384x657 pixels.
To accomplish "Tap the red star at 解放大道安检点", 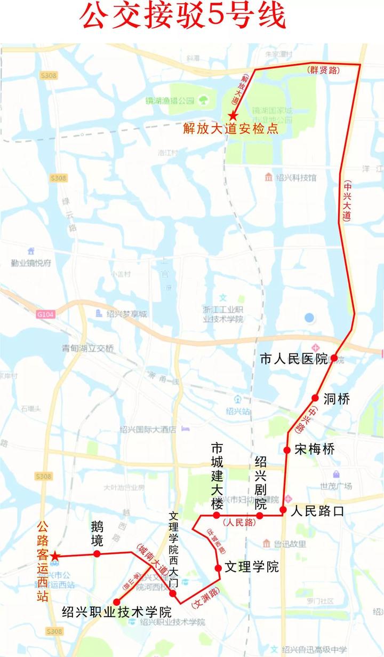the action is pyautogui.click(x=233, y=115).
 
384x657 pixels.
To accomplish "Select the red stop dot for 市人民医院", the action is pyautogui.click(x=333, y=358).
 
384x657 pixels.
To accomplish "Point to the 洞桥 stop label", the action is pyautogui.click(x=337, y=398).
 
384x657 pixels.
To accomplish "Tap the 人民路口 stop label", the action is pyautogui.click(x=317, y=511).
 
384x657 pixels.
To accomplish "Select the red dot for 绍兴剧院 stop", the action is pyautogui.click(x=260, y=516).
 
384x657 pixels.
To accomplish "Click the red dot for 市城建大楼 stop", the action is pyautogui.click(x=217, y=516).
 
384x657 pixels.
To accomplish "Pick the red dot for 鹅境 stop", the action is pyautogui.click(x=97, y=554).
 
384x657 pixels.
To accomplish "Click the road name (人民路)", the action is pyautogui.click(x=238, y=523).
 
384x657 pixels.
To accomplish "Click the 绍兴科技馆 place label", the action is pyautogui.click(x=296, y=177).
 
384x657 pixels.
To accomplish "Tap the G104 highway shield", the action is pyautogui.click(x=46, y=315).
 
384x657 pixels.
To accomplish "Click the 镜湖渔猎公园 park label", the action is pyautogui.click(x=171, y=100).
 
